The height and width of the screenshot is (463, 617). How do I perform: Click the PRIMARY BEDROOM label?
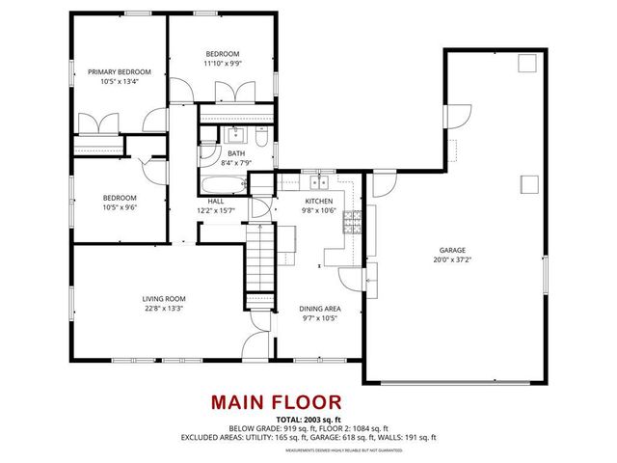pyautogui.click(x=121, y=71)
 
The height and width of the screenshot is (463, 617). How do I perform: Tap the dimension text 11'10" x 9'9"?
pyautogui.click(x=223, y=64)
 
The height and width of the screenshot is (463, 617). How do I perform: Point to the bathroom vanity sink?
pyautogui.click(x=232, y=134)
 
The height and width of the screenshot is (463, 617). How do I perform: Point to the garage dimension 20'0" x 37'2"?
pyautogui.click(x=454, y=259)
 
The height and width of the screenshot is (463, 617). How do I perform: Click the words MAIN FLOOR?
pyautogui.click(x=276, y=401)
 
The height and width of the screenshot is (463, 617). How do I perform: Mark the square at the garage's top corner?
pyautogui.click(x=526, y=65)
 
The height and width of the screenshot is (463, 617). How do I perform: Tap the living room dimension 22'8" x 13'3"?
pyautogui.click(x=162, y=309)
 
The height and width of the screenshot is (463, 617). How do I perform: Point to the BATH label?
pyautogui.click(x=236, y=152)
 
